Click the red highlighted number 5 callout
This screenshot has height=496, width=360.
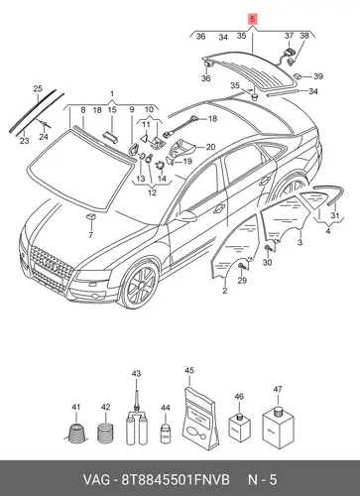point(253,20)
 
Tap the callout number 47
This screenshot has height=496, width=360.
point(278,389)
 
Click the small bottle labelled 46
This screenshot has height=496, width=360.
point(240,427)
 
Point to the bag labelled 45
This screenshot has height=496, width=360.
point(199,419)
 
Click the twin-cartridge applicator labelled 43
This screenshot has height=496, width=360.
point(137,419)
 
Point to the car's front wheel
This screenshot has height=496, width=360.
point(139,285)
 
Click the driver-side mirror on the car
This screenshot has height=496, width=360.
point(186,215)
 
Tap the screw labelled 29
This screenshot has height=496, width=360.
point(242,265)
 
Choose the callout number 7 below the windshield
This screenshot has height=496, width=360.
point(90,235)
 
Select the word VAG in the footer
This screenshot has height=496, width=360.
point(96,480)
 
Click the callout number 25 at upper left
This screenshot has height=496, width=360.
point(38,88)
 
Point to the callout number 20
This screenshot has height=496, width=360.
point(210,147)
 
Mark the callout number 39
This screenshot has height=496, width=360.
point(318,76)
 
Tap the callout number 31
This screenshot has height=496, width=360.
point(335,215)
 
